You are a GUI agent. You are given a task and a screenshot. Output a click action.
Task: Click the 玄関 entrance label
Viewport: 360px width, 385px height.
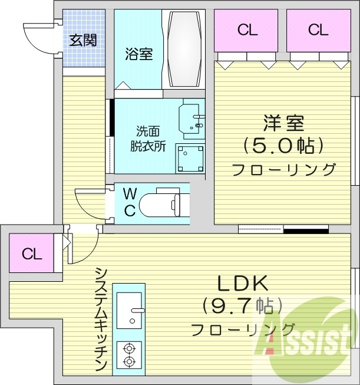tap(83, 40)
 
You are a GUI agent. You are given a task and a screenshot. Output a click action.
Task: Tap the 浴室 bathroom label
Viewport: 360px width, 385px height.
tap(138, 54)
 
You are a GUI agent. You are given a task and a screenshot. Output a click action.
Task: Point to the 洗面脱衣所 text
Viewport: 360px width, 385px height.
tap(148, 139)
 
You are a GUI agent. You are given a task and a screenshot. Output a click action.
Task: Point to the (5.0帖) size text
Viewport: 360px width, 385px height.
tap(283, 145)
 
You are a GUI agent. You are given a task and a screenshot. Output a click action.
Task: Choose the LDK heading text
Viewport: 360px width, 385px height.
tap(243, 284)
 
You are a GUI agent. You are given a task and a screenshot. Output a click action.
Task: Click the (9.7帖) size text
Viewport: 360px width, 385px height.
tap(243, 306)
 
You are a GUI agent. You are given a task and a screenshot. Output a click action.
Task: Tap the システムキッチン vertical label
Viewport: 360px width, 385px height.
tap(101, 318)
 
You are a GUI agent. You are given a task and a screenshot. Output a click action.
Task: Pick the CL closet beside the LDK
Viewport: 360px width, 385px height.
tap(32, 254)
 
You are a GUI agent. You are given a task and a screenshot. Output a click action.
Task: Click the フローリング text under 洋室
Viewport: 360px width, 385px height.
tap(283, 170)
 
